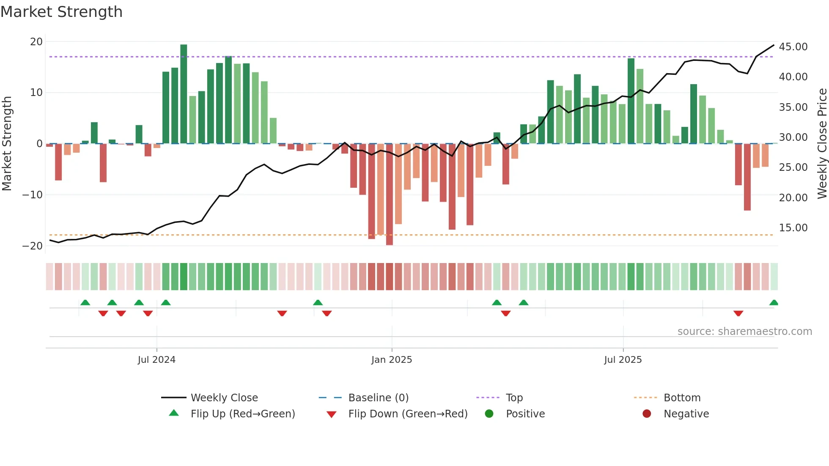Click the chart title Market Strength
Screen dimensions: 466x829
tap(61, 12)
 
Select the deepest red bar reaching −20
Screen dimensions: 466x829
tap(389, 195)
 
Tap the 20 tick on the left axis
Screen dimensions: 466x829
tap(36, 42)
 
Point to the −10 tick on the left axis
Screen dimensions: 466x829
tap(33, 195)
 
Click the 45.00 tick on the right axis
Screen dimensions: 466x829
tap(793, 47)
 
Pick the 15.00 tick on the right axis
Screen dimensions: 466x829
tap(793, 228)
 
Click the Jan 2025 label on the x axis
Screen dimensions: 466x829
tap(392, 360)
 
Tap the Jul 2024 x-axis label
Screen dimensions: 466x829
tap(156, 360)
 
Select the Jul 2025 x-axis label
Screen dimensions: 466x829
tap(623, 360)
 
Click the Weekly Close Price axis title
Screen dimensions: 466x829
tap(822, 144)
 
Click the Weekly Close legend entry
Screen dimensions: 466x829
tap(224, 398)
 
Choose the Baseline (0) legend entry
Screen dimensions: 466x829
tap(378, 398)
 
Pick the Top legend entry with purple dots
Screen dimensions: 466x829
tap(514, 398)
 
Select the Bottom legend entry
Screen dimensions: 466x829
tap(682, 398)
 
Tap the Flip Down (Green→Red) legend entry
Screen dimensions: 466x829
tap(407, 414)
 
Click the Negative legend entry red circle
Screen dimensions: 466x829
tap(647, 414)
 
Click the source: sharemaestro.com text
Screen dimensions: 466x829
tap(744, 332)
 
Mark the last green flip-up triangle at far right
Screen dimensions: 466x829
tap(774, 303)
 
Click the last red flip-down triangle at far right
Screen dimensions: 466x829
tap(738, 313)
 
